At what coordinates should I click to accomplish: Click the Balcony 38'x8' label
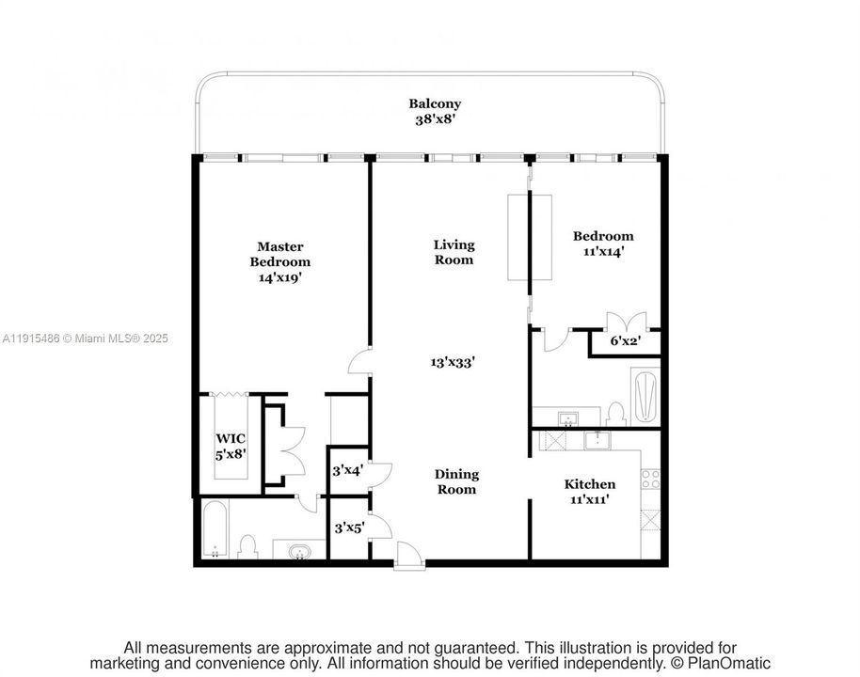(x=434, y=112)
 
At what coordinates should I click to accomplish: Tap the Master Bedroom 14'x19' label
(x=280, y=262)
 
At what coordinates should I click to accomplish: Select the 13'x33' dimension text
(x=453, y=361)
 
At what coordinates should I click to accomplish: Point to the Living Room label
(x=454, y=252)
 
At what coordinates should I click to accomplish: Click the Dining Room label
(x=455, y=481)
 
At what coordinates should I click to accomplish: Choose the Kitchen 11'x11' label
(x=589, y=492)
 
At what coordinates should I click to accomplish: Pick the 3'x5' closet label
(x=349, y=528)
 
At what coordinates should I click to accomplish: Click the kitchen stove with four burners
(x=650, y=478)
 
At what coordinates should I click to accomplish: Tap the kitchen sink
(x=597, y=440)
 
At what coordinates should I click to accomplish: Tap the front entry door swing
(x=407, y=556)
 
